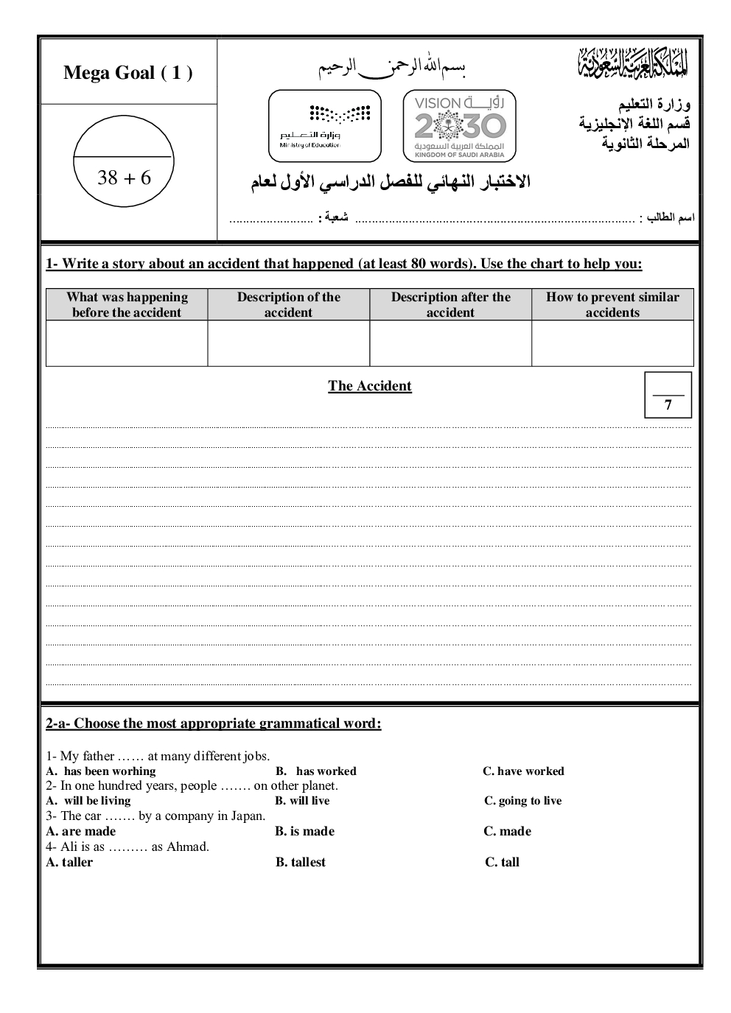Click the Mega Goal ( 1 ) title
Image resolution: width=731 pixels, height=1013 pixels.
[128, 73]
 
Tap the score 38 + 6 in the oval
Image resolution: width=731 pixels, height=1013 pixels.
[124, 178]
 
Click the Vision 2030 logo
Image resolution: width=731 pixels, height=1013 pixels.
[460, 126]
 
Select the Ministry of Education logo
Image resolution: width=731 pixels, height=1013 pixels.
[325, 126]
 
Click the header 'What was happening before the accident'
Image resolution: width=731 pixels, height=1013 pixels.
[127, 305]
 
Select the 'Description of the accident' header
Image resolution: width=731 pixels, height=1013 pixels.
[289, 305]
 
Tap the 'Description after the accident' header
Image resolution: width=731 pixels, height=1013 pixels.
[450, 305]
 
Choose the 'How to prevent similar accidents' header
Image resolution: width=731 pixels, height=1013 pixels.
[612, 305]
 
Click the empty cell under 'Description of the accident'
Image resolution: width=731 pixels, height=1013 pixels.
[289, 343]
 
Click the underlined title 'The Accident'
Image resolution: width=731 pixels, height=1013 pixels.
[370, 386]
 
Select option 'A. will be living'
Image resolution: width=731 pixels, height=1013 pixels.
[88, 801]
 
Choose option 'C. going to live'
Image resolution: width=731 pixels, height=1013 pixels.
[522, 801]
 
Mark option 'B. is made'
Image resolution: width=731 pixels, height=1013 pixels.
[305, 831]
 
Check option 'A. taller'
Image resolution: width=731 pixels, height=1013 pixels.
[69, 862]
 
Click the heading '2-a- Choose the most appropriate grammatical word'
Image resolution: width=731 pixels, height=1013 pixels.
[214, 723]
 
